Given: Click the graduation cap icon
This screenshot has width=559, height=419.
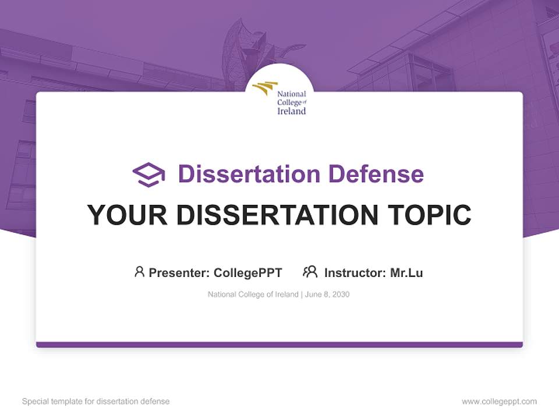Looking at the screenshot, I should click(x=148, y=175).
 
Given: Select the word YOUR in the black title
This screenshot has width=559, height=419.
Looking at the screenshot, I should click(x=128, y=215).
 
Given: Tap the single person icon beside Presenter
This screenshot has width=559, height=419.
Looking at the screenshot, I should click(x=139, y=272).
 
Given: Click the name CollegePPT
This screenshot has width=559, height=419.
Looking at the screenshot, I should click(x=247, y=272).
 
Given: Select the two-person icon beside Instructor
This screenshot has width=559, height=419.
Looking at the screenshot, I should click(x=310, y=272).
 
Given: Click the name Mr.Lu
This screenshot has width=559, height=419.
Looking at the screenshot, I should click(x=406, y=272).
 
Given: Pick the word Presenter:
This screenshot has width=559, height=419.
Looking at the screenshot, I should click(x=179, y=272).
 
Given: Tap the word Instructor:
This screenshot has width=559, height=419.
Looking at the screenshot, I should click(x=355, y=272).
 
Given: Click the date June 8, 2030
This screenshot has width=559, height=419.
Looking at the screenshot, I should click(x=327, y=294).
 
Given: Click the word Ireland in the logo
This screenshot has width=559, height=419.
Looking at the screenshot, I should click(x=291, y=111).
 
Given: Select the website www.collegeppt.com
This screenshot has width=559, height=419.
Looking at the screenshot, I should click(x=499, y=402).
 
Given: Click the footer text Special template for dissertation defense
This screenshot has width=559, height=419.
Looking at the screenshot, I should click(x=95, y=402).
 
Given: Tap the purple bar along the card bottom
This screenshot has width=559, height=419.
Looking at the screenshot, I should click(x=279, y=345).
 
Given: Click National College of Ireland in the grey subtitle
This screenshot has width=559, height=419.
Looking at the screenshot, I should click(x=253, y=294).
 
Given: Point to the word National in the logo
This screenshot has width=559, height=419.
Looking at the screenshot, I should click(x=291, y=94).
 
